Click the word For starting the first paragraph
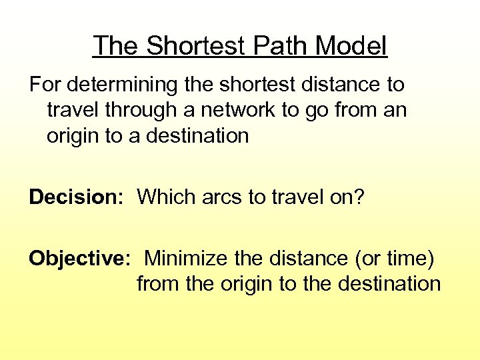[44, 85]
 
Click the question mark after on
[359, 197]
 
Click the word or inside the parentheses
[369, 258]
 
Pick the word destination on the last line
[389, 284]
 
